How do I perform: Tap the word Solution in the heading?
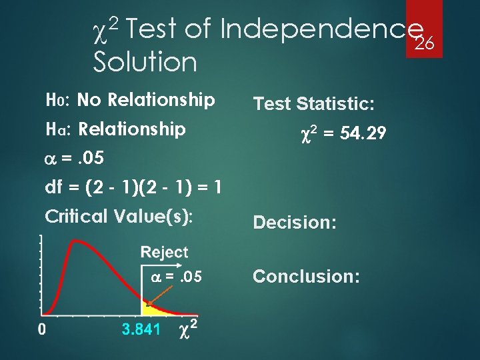pyautogui.click(x=145, y=63)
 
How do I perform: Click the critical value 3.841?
pyautogui.click(x=141, y=329)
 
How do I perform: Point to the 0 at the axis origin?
pyautogui.click(x=41, y=329)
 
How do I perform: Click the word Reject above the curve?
pyautogui.click(x=164, y=253)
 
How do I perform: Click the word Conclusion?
pyautogui.click(x=306, y=276)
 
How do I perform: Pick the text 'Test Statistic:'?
pyautogui.click(x=313, y=104)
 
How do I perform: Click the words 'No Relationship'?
pyautogui.click(x=146, y=101)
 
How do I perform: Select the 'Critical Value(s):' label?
pyautogui.click(x=118, y=216)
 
